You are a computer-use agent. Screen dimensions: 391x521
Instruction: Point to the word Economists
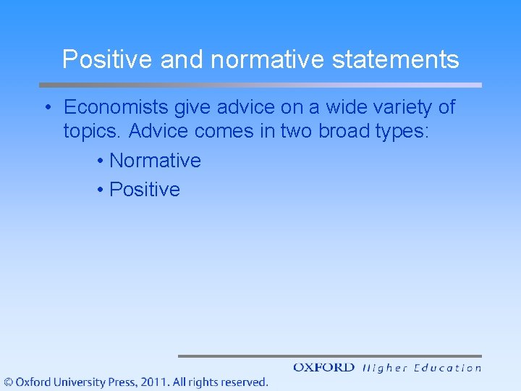(117, 108)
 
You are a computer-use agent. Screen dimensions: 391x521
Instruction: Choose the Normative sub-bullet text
(155, 161)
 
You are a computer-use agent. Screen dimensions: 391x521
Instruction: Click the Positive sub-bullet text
(145, 190)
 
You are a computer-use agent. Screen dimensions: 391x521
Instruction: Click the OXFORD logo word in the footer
(323, 368)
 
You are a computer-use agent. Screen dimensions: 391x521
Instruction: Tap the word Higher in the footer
(384, 368)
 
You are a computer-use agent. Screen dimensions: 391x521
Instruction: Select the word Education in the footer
(448, 368)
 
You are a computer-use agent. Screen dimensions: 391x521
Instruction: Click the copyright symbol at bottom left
(8, 382)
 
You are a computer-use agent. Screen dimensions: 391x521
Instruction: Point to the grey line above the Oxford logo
(329, 356)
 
